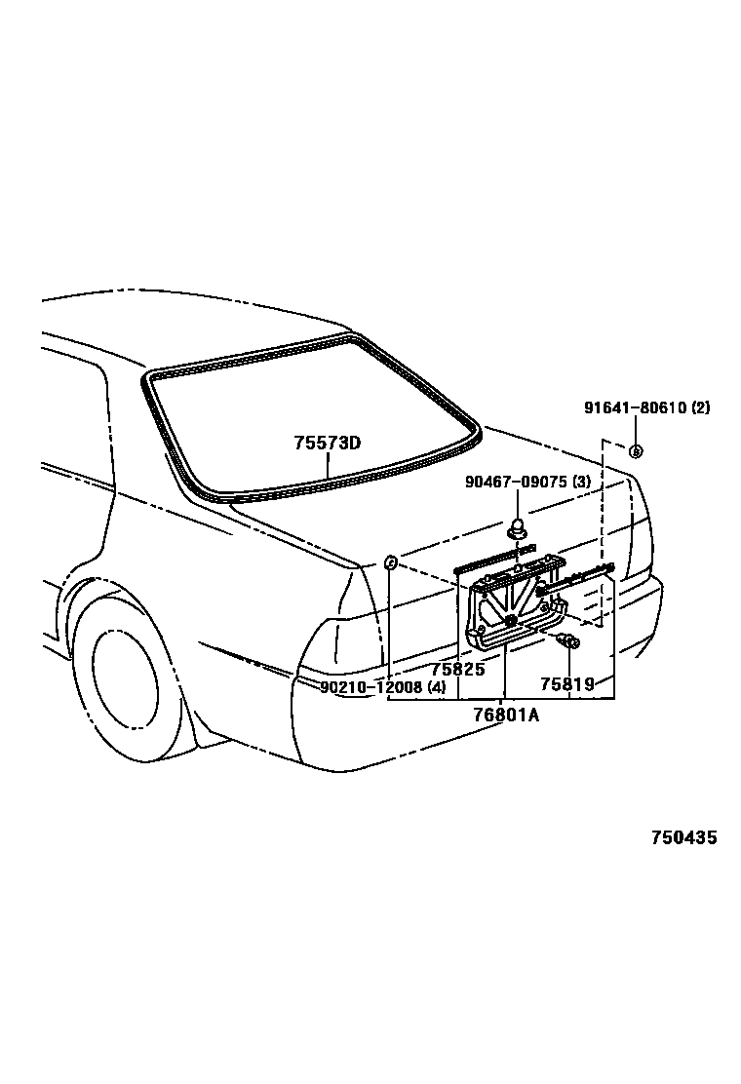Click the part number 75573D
[328, 443]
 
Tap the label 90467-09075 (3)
[526, 482]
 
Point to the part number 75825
[457, 670]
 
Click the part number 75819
[567, 684]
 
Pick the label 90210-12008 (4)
[383, 686]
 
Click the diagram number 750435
[684, 837]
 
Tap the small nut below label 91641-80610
[635, 450]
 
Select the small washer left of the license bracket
[389, 562]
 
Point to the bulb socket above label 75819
[568, 640]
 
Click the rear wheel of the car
[125, 672]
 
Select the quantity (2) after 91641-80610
[701, 408]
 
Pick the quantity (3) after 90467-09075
[581, 482]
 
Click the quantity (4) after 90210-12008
[437, 686]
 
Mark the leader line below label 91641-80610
[635, 430]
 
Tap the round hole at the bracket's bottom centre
[510, 620]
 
